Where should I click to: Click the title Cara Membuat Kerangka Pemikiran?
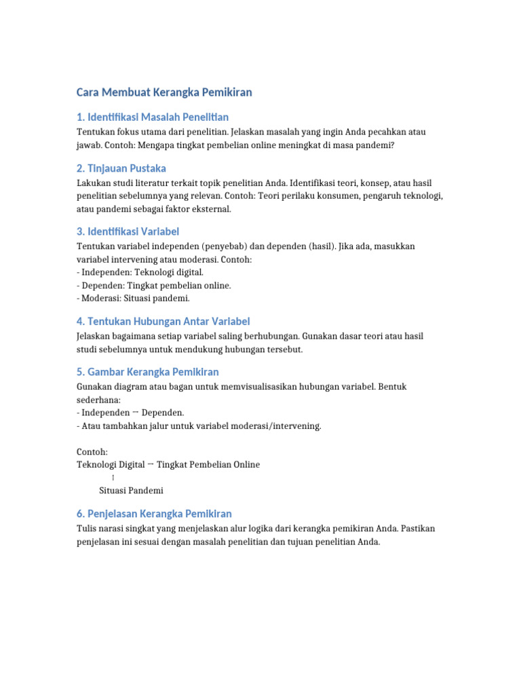tap(163, 92)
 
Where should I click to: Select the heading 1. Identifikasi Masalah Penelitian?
tap(153, 117)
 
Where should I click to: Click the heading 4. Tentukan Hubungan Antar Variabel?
tap(163, 321)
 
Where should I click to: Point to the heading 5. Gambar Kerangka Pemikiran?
tap(148, 372)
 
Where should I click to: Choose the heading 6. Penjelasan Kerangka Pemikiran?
tap(155, 513)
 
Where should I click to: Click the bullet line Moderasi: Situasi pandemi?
tap(134, 298)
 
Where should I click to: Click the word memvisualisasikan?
tap(259, 386)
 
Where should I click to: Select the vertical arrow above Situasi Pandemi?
tap(113, 478)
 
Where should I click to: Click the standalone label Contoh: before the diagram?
tap(92, 451)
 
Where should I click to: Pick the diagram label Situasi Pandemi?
tap(131, 490)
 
